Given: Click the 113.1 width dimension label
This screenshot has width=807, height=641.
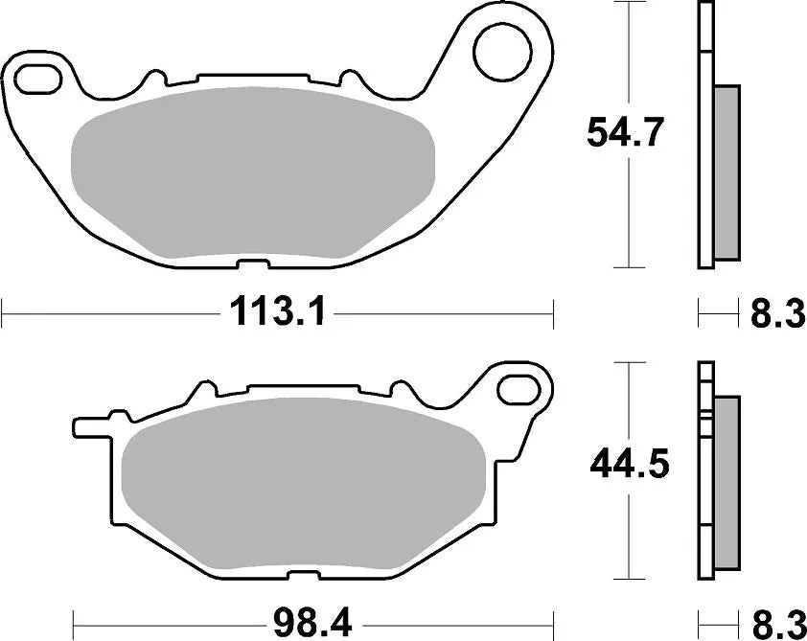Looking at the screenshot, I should coord(277,311).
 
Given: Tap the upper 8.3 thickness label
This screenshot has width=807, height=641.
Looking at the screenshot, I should coord(776,312).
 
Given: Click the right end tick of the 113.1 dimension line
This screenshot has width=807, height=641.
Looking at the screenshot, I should coord(554,311).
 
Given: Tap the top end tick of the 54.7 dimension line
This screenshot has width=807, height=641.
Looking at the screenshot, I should coord(628,4).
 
